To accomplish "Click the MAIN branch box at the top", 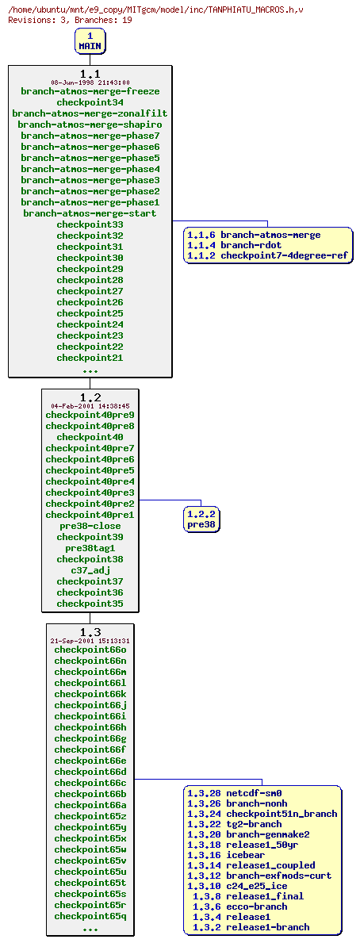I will click(90, 41).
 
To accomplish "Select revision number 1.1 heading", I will click(90, 74).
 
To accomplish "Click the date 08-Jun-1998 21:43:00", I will click(90, 82).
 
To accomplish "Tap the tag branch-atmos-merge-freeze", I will click(90, 91).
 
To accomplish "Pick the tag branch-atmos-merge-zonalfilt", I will click(90, 113).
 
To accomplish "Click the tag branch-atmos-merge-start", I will click(90, 213).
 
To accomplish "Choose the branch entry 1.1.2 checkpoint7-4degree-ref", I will click(267, 255).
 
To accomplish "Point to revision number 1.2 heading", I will click(90, 397).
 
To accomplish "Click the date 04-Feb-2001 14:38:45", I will click(90, 406).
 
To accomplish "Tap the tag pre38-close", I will click(90, 526).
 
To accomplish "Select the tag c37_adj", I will click(90, 570).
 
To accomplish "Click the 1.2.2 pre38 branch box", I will click(201, 519).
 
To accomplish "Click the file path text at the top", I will click(155, 10).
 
